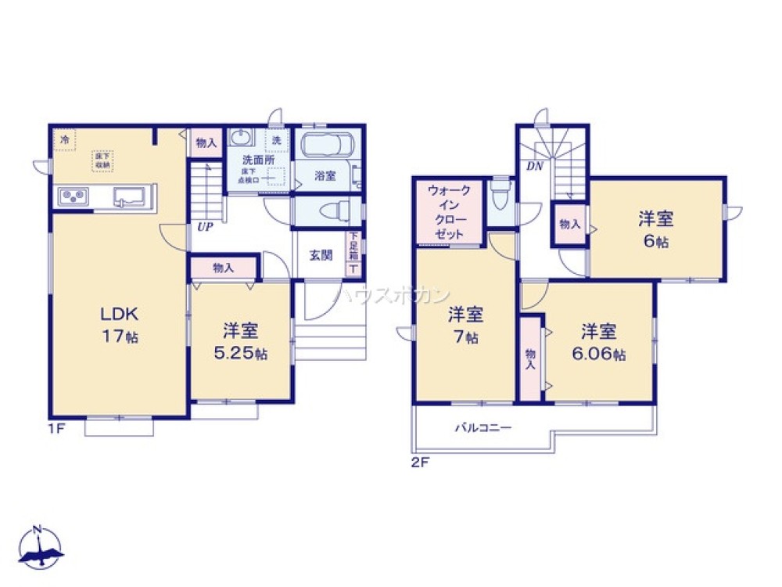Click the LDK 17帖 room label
119,325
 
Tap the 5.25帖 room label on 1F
241,342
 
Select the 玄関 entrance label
320,254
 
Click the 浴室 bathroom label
325,176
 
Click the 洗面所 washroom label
257,159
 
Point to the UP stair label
205,228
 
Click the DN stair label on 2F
535,166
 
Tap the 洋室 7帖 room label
465,326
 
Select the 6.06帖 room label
598,342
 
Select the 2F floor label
421,462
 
